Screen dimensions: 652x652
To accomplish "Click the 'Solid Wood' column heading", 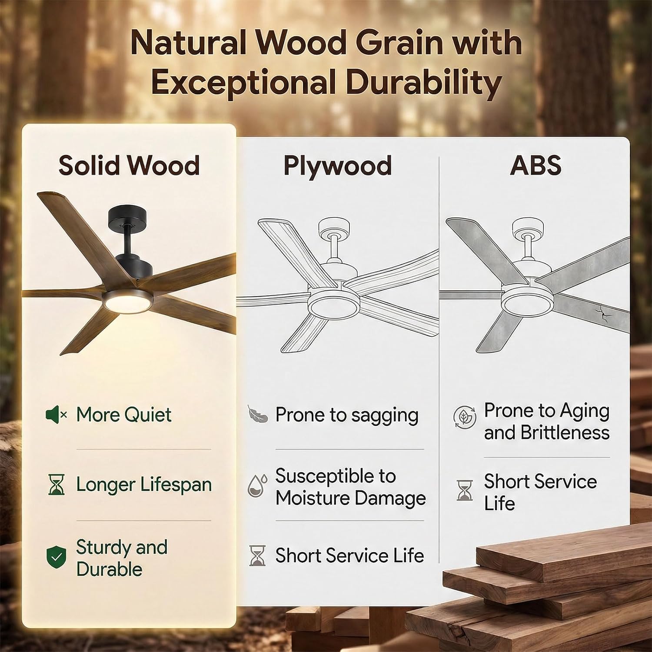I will click(129, 166).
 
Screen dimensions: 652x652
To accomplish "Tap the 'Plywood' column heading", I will click(337, 166).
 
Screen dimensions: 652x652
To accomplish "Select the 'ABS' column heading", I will click(536, 166).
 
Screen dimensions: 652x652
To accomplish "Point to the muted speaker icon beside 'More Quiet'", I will click(56, 415).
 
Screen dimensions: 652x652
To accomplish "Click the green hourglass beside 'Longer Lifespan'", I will click(56, 485).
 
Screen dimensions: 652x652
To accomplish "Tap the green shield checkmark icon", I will click(57, 558).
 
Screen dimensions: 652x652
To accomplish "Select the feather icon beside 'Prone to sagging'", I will click(257, 414).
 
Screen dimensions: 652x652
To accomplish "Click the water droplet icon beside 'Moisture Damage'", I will click(256, 486).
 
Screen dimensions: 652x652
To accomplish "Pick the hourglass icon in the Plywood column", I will click(257, 556).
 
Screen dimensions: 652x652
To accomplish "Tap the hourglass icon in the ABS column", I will click(464, 490).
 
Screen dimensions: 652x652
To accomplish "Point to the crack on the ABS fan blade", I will click(601, 312).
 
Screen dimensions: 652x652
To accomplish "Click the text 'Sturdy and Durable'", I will click(121, 558).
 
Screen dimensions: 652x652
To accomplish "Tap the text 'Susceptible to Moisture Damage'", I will click(350, 487).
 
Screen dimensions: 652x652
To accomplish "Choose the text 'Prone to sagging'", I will click(346, 415).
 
